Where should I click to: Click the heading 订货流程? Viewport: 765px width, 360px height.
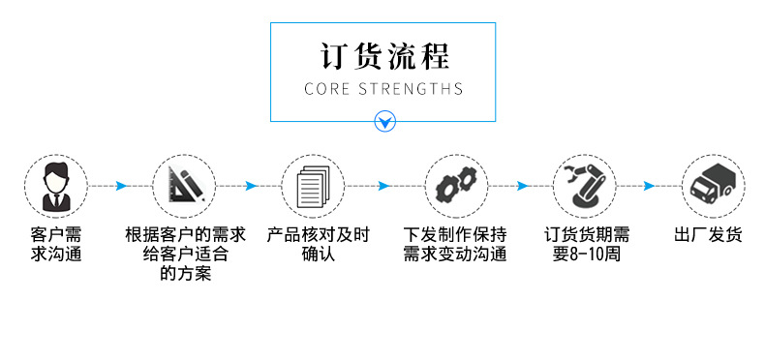[x=383, y=55]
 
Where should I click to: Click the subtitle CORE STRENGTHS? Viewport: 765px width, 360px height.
[x=383, y=89]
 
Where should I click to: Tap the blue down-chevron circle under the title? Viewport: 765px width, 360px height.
[x=384, y=122]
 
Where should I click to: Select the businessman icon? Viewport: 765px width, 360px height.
[x=56, y=185]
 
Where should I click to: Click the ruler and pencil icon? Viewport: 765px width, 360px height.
[x=184, y=185]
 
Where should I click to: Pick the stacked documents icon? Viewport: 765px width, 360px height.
[x=314, y=185]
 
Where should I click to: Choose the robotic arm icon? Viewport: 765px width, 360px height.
[x=584, y=185]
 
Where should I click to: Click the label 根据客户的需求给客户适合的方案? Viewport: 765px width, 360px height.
[x=185, y=255]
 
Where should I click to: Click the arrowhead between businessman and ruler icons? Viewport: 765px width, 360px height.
[x=122, y=186]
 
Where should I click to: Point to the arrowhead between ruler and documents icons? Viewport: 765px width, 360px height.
[x=251, y=186]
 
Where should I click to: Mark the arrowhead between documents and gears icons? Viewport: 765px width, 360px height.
[x=383, y=186]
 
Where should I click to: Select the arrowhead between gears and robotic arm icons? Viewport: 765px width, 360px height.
[x=521, y=186]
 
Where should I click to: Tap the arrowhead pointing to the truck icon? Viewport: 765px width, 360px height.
[x=650, y=186]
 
